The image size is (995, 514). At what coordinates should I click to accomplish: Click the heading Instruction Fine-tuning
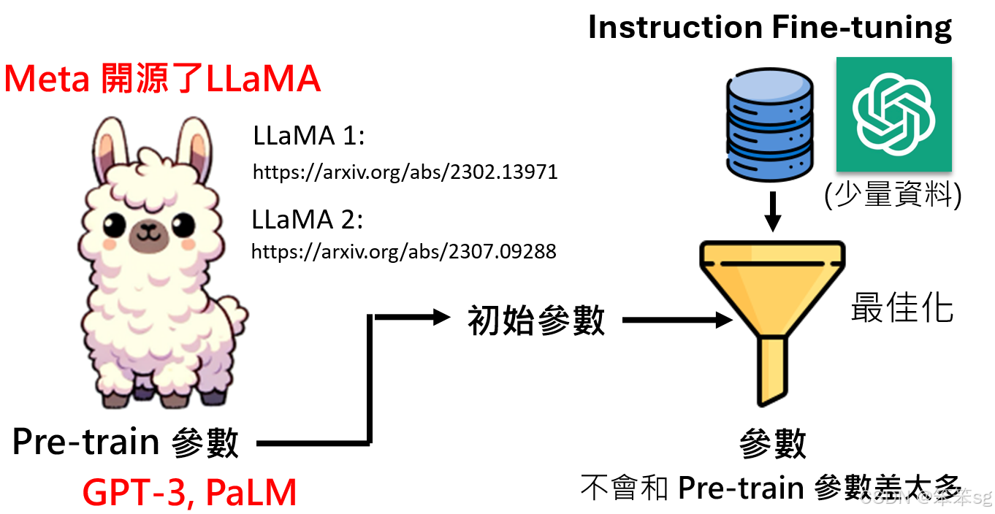click(x=770, y=28)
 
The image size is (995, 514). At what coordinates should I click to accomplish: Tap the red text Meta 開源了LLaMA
click(x=162, y=80)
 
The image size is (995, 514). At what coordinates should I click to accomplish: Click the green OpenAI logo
click(x=893, y=114)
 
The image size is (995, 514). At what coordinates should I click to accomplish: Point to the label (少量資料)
click(x=892, y=196)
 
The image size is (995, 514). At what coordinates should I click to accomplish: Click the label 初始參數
click(x=536, y=320)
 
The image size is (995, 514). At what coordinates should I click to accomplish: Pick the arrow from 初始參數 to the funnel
click(x=676, y=320)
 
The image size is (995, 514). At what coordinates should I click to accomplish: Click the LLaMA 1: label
click(x=308, y=137)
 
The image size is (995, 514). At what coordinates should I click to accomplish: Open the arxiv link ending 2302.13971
click(x=405, y=172)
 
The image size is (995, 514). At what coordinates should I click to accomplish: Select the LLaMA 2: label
click(x=308, y=220)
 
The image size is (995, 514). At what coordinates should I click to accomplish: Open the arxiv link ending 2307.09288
click(x=404, y=252)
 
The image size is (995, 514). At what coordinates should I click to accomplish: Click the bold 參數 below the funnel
click(x=773, y=444)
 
